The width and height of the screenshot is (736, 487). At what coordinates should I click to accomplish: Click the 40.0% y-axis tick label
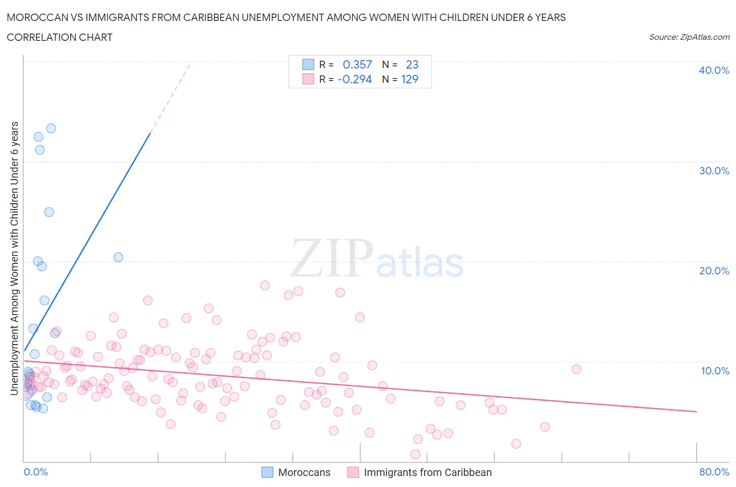pyautogui.click(x=713, y=70)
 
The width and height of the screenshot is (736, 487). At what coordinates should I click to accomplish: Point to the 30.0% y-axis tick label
pyautogui.click(x=713, y=171)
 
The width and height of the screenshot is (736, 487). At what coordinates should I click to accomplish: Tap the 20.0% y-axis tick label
pyautogui.click(x=713, y=271)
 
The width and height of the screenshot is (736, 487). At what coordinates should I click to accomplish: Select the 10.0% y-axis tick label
pyautogui.click(x=715, y=371)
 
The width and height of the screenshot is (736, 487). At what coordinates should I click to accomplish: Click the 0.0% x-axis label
pyautogui.click(x=36, y=472)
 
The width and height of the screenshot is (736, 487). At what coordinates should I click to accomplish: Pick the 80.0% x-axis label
pyautogui.click(x=714, y=472)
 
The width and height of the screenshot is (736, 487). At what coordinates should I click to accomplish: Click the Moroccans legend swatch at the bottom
pyautogui.click(x=267, y=472)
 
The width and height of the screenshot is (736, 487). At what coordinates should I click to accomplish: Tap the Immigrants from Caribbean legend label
pyautogui.click(x=428, y=472)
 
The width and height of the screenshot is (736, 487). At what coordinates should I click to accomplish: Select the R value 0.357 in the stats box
pyautogui.click(x=357, y=64)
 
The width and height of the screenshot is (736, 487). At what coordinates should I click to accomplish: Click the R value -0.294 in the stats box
pyautogui.click(x=355, y=79)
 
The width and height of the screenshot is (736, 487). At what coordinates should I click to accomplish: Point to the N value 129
pyautogui.click(x=410, y=79)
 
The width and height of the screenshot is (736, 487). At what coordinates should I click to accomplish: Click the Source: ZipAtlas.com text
pyautogui.click(x=689, y=37)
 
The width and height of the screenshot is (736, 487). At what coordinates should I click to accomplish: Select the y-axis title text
pyautogui.click(x=15, y=258)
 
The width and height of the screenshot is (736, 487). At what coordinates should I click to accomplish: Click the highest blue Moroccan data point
pyautogui.click(x=51, y=128)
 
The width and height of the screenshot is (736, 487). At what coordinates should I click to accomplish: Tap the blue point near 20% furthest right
pyautogui.click(x=118, y=257)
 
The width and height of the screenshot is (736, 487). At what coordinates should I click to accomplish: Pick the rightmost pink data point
pyautogui.click(x=576, y=369)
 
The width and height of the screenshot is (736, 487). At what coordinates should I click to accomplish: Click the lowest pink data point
pyautogui.click(x=416, y=454)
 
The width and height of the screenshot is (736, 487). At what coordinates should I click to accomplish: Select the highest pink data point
pyautogui.click(x=265, y=285)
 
